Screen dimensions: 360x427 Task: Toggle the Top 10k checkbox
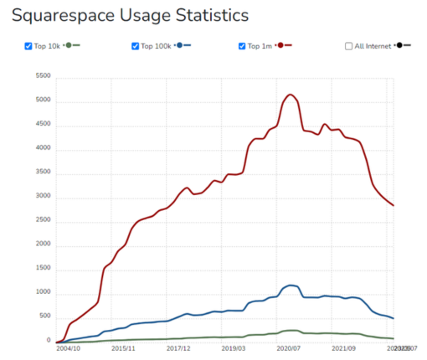[x=30, y=46]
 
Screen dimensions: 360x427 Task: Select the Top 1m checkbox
[x=243, y=46]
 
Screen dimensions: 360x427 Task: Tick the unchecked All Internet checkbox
[x=349, y=46]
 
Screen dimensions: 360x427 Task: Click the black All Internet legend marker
[x=404, y=45]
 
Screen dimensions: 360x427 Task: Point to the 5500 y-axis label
[x=42, y=76]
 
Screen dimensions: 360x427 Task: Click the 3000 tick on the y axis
[x=42, y=195]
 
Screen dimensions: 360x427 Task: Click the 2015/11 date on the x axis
[x=122, y=347]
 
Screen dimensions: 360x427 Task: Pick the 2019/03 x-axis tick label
[x=234, y=347]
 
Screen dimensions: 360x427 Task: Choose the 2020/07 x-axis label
[x=290, y=347]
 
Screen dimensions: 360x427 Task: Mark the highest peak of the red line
[x=290, y=95]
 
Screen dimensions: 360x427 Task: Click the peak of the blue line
[x=290, y=285]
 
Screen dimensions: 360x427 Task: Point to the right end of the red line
[x=394, y=206]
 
